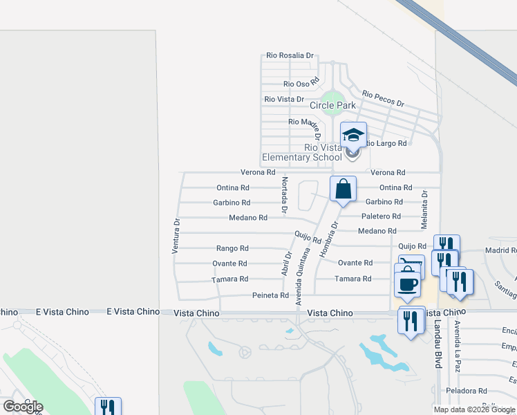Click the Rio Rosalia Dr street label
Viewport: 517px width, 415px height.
click(290, 56)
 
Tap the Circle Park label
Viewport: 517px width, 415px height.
click(332, 106)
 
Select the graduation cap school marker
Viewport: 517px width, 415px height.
click(353, 135)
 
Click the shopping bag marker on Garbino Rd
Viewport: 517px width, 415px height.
click(344, 188)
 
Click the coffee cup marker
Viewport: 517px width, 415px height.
click(407, 282)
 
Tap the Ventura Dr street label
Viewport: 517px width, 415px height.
click(176, 236)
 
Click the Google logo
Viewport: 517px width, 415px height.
click(23, 407)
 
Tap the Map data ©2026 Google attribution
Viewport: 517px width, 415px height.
click(473, 409)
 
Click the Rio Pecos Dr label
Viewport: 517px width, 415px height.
click(383, 98)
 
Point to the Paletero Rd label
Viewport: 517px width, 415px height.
click(381, 216)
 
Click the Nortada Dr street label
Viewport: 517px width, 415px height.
click(284, 194)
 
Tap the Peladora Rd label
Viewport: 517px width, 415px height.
click(467, 391)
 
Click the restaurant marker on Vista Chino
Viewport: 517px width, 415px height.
click(412, 322)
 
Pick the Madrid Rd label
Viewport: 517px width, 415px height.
click(501, 250)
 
